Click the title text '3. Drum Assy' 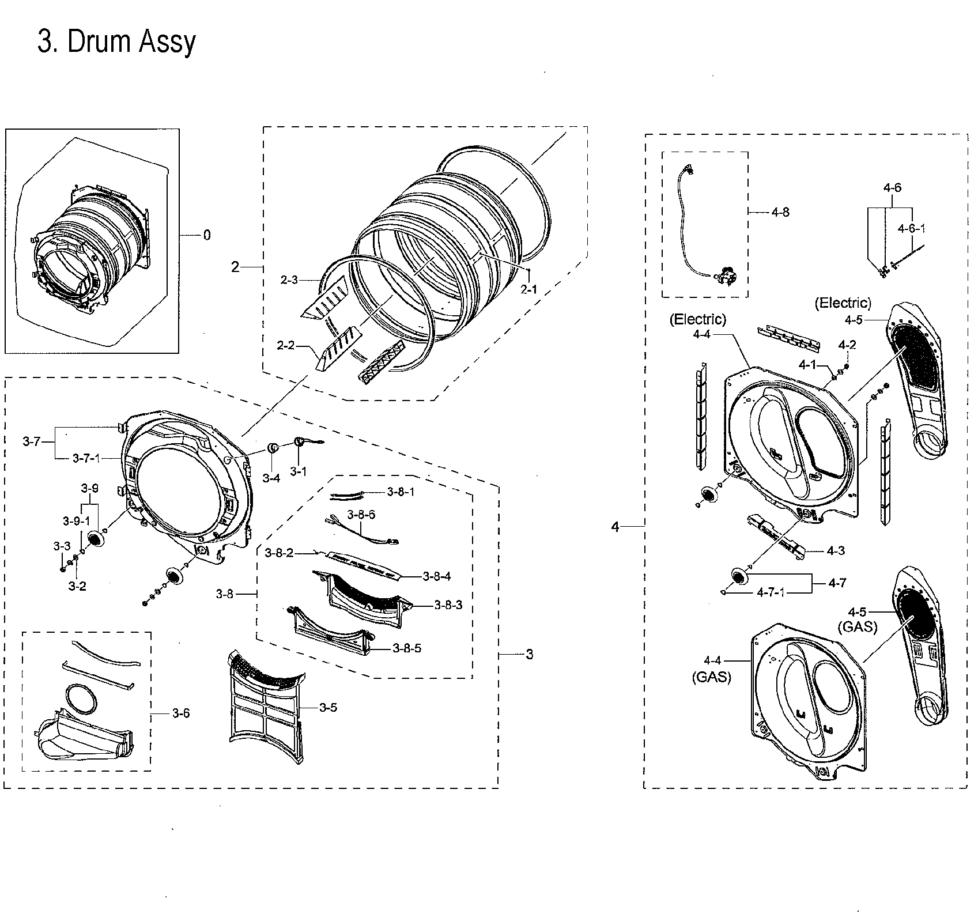pyautogui.click(x=116, y=41)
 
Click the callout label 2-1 pyautogui.click(x=528, y=290)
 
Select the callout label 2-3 pyautogui.click(x=289, y=280)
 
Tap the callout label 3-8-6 pyautogui.click(x=361, y=515)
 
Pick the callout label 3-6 pyautogui.click(x=180, y=713)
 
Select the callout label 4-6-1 pyautogui.click(x=911, y=228)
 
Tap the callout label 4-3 pyautogui.click(x=835, y=550)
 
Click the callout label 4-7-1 pyautogui.click(x=771, y=592)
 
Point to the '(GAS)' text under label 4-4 pyautogui.click(x=712, y=678)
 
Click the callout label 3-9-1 pyautogui.click(x=77, y=521)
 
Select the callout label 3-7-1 pyautogui.click(x=87, y=458)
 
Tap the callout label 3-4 pyautogui.click(x=271, y=478)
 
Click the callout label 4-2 pyautogui.click(x=847, y=345)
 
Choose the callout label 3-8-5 pyautogui.click(x=406, y=648)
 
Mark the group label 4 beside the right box pyautogui.click(x=615, y=526)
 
